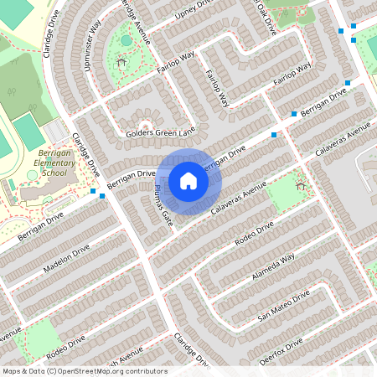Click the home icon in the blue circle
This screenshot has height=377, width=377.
188,181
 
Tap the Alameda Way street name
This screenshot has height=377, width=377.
276,268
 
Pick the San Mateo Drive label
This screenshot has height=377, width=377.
283,307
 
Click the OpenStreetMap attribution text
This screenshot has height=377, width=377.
85,371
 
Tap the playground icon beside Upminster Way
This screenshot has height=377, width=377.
121,61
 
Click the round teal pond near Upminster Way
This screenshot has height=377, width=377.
127,39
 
